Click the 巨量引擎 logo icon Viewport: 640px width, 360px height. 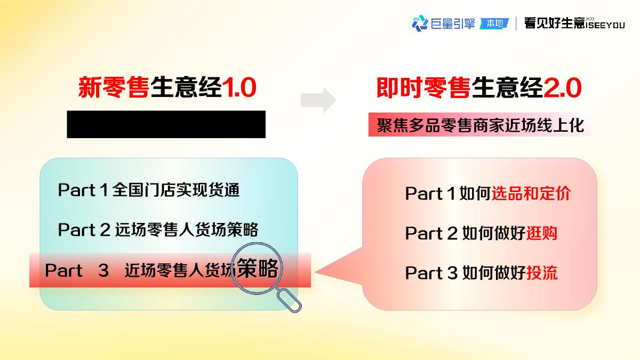tap(420, 23)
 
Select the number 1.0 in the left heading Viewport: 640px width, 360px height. tap(238, 89)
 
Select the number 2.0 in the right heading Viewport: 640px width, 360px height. tap(562, 89)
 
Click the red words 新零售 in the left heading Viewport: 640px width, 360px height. tap(114, 89)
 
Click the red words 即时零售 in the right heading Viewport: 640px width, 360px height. tap(423, 89)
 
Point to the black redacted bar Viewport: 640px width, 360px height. tap(166, 124)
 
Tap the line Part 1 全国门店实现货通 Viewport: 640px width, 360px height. tap(149, 190)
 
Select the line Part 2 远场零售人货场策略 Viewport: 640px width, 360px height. tap(158, 230)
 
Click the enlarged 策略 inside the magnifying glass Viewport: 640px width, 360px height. tap(258, 268)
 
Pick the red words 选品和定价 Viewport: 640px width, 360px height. tap(531, 193)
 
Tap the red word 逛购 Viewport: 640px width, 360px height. tap(542, 233)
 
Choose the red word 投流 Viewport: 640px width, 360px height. tap(542, 273)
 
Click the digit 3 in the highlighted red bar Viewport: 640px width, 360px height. tap(103, 270)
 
